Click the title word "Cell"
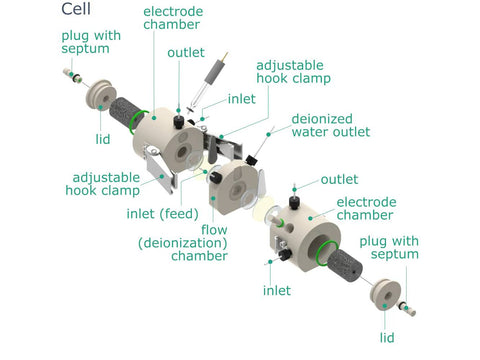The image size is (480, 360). pos(76,8)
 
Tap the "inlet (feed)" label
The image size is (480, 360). pos(162,214)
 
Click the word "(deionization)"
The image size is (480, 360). pos(183,243)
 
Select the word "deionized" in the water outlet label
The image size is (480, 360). pos(322,119)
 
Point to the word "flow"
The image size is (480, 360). pos(214,229)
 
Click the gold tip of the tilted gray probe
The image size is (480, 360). pos(226,57)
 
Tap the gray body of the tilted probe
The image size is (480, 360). pos(214,72)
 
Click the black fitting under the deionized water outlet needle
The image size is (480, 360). pos(252,160)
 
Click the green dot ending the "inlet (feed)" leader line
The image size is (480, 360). pos(205,172)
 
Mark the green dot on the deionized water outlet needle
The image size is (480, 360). pos(268,134)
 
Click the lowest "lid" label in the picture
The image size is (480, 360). pos(387,338)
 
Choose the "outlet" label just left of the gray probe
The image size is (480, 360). pos(186,52)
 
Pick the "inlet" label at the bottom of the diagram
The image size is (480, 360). pos(277,290)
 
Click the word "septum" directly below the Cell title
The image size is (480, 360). pos(85,49)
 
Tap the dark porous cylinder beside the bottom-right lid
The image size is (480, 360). pos(344,266)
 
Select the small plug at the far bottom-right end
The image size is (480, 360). pos(408,309)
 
